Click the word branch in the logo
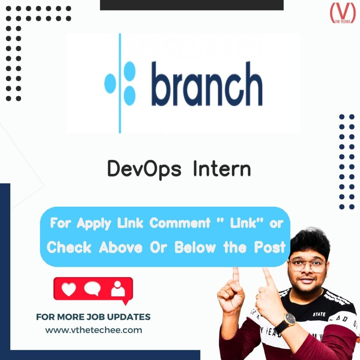click(207, 84)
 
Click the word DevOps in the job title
click(144, 169)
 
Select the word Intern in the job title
click(222, 169)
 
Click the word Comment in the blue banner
click(180, 223)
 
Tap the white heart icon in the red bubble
click(69, 289)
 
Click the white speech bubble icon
click(92, 289)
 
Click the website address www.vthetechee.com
click(94, 330)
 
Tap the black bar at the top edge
click(192, 5)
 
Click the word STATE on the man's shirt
click(319, 314)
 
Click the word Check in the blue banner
click(70, 247)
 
